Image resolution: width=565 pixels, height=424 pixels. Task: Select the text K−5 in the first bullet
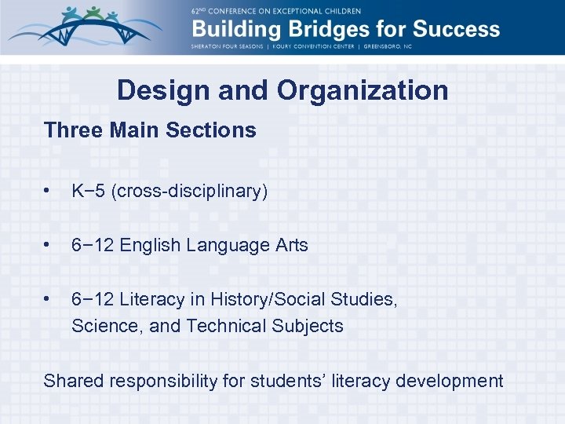pos(89,191)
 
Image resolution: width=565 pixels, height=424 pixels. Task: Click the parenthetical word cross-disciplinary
pos(190,191)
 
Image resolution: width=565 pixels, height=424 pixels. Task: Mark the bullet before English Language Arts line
pos(49,245)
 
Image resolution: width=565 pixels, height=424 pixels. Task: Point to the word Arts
pos(290,245)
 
